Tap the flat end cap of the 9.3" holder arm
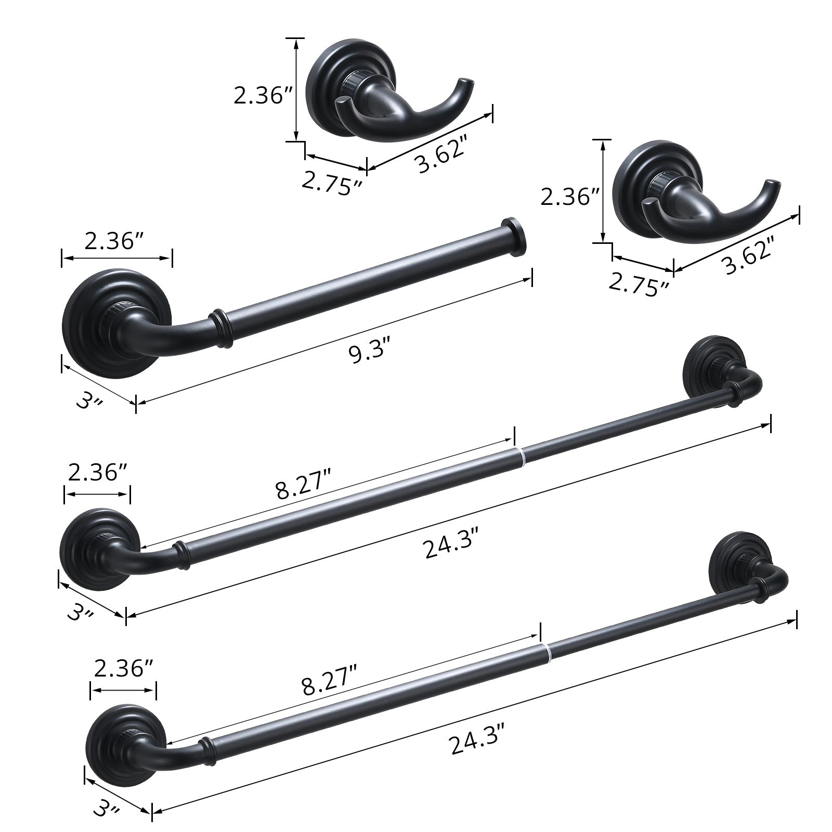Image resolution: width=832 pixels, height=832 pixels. point(513,238)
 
